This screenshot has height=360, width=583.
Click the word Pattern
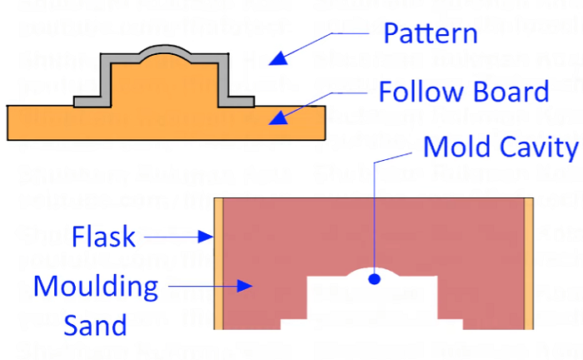[430, 34]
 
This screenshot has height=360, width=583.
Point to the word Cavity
[539, 147]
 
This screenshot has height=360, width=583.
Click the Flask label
[103, 237]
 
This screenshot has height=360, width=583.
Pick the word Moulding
[95, 287]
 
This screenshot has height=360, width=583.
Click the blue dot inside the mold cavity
[375, 278]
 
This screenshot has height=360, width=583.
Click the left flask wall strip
[219, 262]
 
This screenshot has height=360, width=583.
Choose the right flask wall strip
[527, 262]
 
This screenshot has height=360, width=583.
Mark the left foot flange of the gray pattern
[90, 102]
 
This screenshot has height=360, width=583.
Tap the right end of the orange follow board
[312, 122]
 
